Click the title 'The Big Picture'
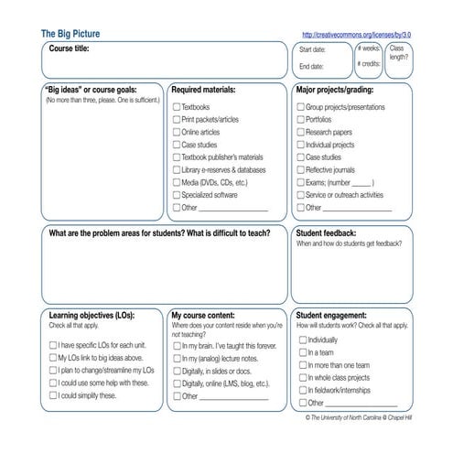coord(70,34)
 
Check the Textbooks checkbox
coord(177,107)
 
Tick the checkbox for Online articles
coord(177,132)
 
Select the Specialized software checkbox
coord(177,195)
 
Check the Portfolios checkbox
coord(300,119)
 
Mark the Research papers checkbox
coord(300,132)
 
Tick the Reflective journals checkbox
coord(300,169)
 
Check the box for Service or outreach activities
coord(300,195)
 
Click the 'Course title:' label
coord(69,48)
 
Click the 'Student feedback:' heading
coord(326,232)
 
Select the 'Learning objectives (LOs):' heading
coord(91,314)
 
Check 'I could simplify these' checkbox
coord(52,395)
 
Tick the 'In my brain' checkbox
coord(177,346)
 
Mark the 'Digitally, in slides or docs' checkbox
coord(177,372)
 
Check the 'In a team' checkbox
coord(301,351)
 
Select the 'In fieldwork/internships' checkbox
coord(301,390)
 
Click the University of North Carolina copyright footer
coord(359,416)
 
